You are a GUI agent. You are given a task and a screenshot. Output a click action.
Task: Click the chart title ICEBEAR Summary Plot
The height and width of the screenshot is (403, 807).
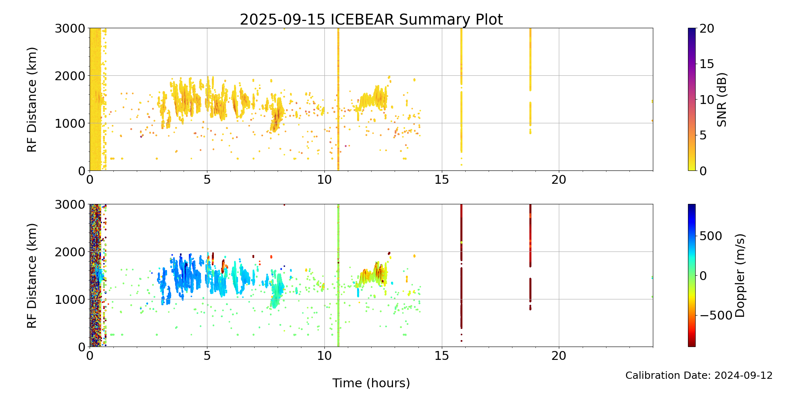tap(371, 19)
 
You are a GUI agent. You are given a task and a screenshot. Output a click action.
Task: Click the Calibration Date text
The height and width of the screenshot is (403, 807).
tap(699, 376)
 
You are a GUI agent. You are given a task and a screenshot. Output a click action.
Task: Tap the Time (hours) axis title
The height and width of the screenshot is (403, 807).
tap(371, 383)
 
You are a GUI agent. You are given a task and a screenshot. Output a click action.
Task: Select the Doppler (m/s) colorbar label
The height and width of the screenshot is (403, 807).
tap(740, 275)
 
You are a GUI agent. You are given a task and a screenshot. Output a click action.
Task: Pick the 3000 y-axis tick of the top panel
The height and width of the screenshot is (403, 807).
tap(70, 28)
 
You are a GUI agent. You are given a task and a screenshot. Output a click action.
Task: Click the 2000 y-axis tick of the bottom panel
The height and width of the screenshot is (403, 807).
tap(70, 252)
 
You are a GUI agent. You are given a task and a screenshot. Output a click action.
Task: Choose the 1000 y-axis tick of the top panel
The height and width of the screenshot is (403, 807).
tap(70, 123)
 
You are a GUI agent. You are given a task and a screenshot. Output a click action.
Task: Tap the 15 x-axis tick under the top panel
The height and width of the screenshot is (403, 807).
tap(442, 179)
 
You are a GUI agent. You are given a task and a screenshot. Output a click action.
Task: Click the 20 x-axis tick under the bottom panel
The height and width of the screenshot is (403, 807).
tap(559, 355)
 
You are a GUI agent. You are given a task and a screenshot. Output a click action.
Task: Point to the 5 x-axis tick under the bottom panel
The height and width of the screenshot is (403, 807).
tap(207, 355)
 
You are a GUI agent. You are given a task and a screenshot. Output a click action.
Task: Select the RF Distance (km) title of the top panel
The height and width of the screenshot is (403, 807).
tap(32, 100)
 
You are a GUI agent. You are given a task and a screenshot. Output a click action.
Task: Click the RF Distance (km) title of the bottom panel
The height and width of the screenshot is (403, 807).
tap(32, 275)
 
